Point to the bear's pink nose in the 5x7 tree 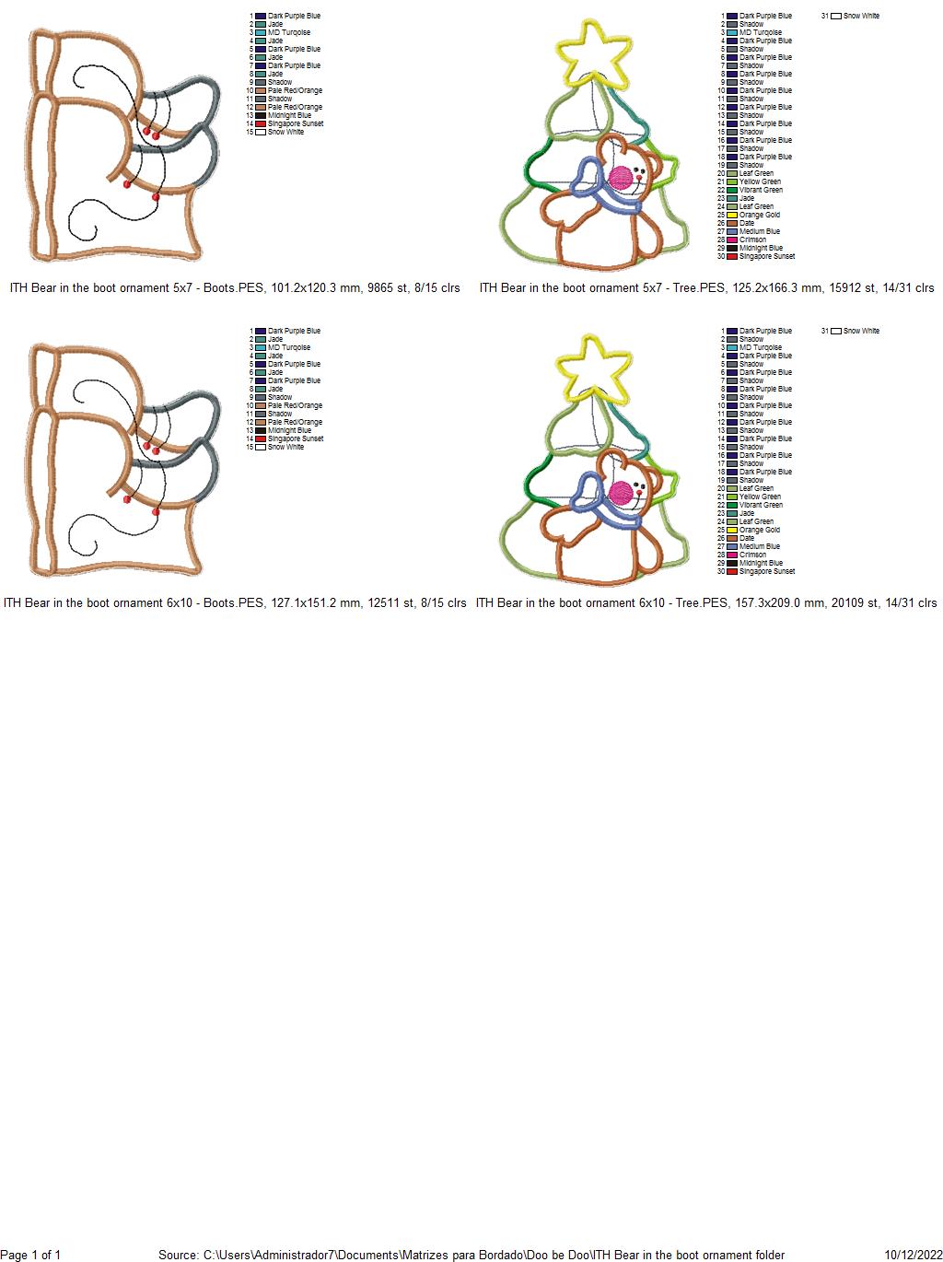coord(621,178)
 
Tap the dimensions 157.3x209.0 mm coord(779,602)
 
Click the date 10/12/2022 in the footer coord(914,1255)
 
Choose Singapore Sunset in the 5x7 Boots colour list coord(296,123)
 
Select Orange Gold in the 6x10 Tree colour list coord(759,530)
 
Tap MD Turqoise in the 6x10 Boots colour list coord(288,347)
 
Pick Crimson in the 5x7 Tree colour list coord(752,240)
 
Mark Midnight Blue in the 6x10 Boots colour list coord(289,430)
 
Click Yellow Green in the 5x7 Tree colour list coord(760,181)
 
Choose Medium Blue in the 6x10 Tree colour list coord(760,546)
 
